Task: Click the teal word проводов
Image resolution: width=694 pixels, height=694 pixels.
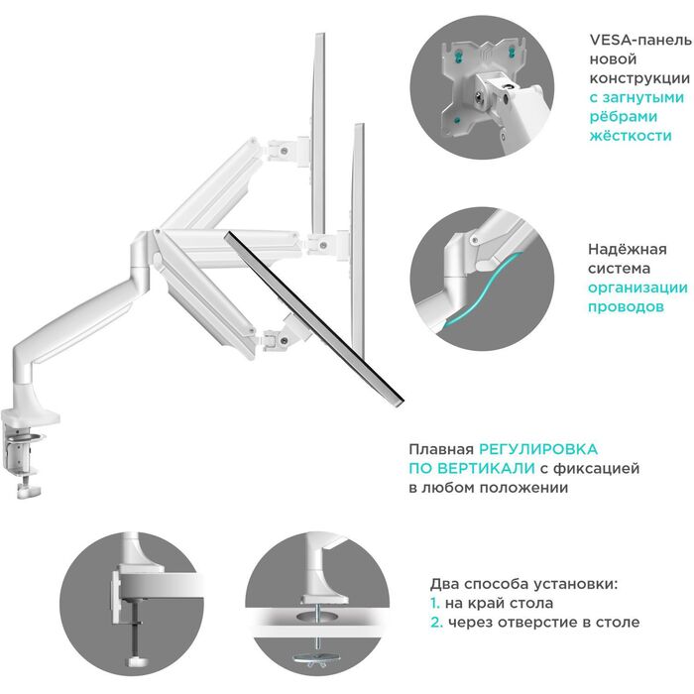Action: click(x=625, y=307)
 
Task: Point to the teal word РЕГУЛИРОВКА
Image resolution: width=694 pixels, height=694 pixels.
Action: click(x=540, y=449)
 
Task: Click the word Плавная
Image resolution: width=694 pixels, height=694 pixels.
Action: click(x=441, y=449)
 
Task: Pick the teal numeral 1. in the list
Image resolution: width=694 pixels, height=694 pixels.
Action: click(x=435, y=603)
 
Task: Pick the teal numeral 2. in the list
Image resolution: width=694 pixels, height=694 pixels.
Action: click(x=436, y=622)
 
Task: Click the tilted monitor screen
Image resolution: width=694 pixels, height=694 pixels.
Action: click(x=315, y=316)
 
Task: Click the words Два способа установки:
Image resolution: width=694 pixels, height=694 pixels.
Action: click(x=522, y=584)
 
